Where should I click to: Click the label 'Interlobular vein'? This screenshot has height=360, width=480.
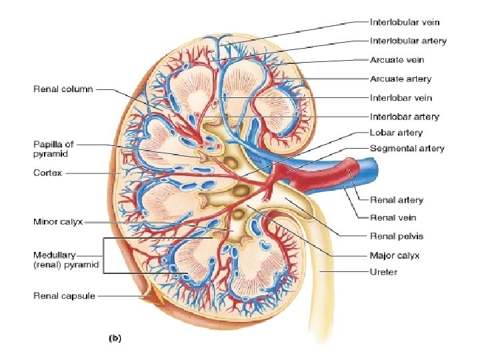pos(405,23)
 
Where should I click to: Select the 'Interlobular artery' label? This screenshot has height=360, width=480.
pos(407,41)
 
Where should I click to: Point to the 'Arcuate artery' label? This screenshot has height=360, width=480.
pos(400,79)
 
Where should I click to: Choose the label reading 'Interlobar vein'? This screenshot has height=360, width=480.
pos(401,98)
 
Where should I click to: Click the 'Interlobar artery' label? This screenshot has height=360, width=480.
pos(404,117)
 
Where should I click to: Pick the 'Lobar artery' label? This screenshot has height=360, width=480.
pos(396,133)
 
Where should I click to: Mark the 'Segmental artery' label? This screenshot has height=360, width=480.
pos(407,148)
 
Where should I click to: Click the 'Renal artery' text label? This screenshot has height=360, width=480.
pos(396,200)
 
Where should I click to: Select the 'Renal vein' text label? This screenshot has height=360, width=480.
pos(393,217)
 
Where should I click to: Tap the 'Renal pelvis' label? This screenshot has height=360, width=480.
pos(396,236)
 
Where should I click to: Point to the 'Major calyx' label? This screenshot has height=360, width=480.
pos(394,255)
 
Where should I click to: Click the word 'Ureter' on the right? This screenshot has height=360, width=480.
pos(383,272)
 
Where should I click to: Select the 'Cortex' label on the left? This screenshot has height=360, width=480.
pos(47,173)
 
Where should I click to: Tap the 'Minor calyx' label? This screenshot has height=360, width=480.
pos(58,222)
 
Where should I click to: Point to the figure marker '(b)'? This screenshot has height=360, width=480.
pos(115,339)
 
